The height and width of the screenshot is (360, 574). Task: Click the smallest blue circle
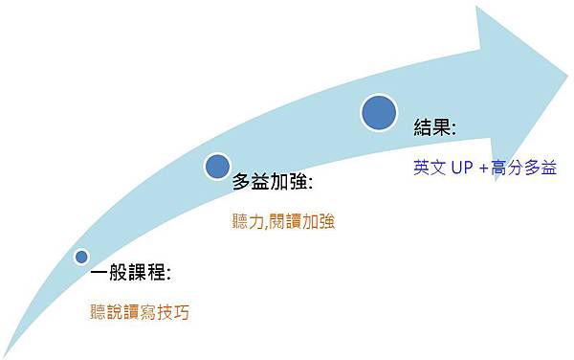[81, 257]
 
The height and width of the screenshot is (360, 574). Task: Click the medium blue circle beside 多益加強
[218, 166]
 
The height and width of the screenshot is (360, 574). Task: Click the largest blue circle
[380, 113]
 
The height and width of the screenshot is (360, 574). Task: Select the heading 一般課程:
[130, 274]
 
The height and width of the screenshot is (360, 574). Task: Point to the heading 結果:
[434, 126]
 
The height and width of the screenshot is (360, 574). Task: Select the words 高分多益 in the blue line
[520, 167]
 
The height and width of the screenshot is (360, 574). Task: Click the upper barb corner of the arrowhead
[475, 7]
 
